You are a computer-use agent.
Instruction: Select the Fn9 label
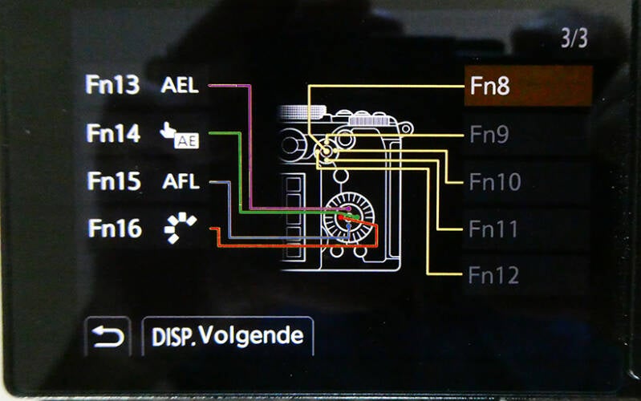coord(489,135)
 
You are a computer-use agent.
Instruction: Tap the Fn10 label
coord(494,182)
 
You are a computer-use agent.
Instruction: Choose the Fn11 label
coord(493,229)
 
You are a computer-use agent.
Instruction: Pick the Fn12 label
coord(493,277)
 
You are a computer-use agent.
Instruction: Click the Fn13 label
coord(113,85)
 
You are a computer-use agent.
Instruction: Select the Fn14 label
coord(113,133)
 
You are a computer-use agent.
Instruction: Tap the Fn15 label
coord(113,181)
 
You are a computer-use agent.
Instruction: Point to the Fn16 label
coord(113,229)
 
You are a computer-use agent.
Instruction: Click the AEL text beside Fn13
coord(180,86)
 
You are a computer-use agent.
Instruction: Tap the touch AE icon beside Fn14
coord(180,136)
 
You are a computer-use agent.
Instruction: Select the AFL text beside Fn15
coord(180,181)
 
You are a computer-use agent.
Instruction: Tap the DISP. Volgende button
coord(228,336)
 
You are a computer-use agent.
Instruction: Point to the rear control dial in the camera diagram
coord(348,216)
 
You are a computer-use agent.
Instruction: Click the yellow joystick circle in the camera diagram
coord(326,151)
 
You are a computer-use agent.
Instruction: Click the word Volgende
coord(251,335)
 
